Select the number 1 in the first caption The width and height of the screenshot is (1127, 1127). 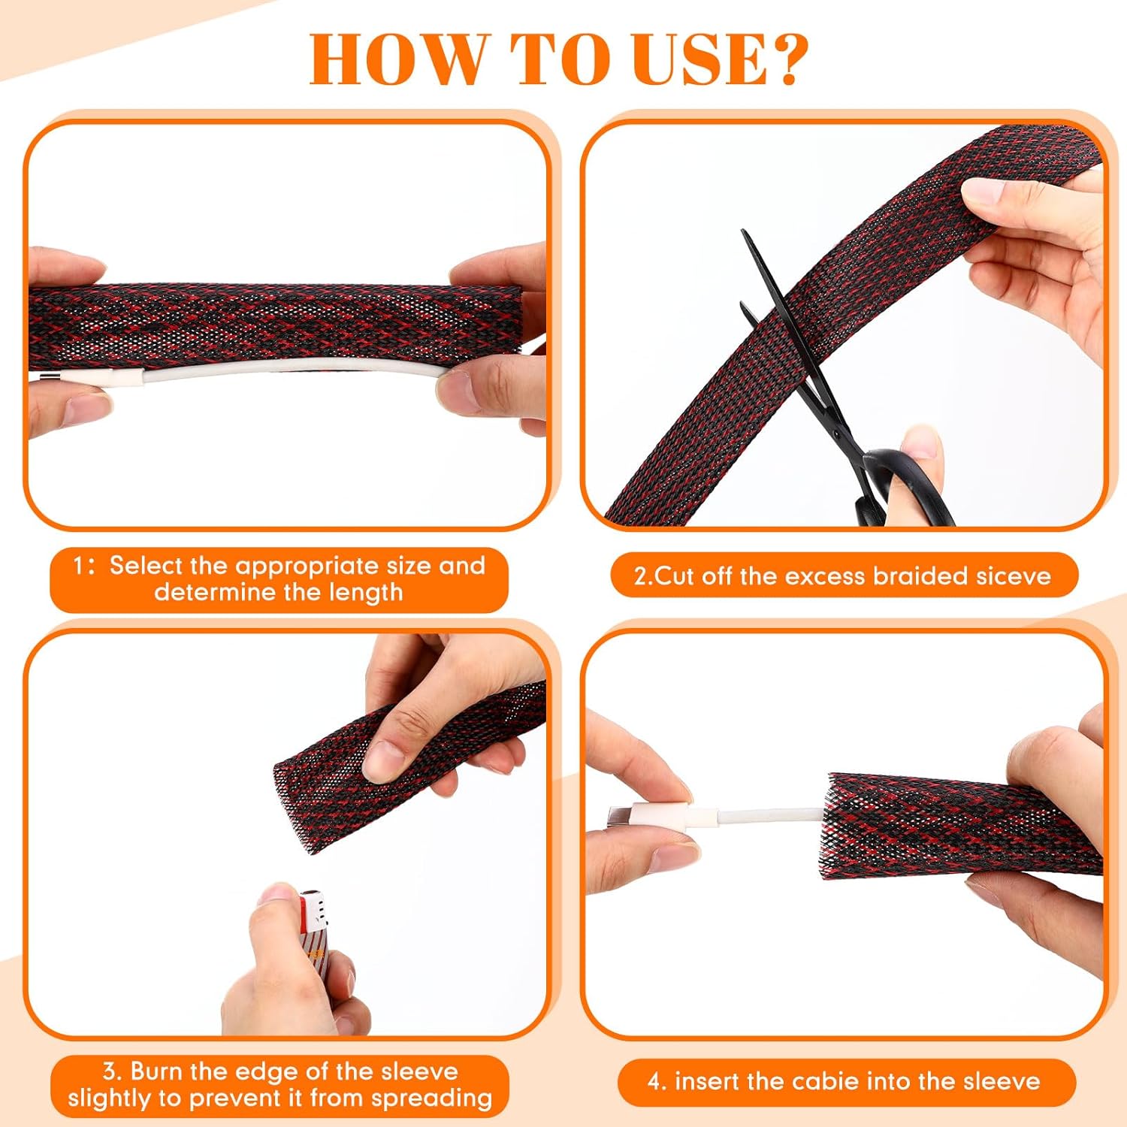tap(79, 566)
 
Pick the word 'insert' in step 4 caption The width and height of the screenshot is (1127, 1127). tap(706, 1081)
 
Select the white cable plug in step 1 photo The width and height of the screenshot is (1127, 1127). tap(120, 377)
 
